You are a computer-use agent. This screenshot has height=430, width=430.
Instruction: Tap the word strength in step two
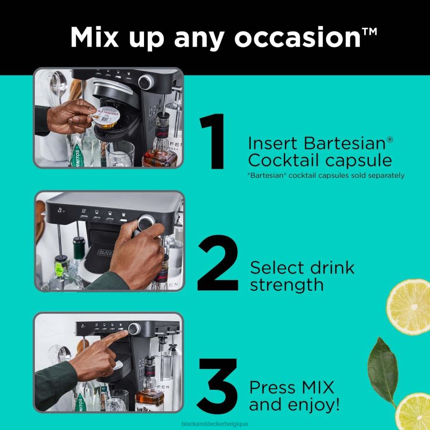pos(286,284)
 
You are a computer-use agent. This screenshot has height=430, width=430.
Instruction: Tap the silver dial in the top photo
pos(145,82)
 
